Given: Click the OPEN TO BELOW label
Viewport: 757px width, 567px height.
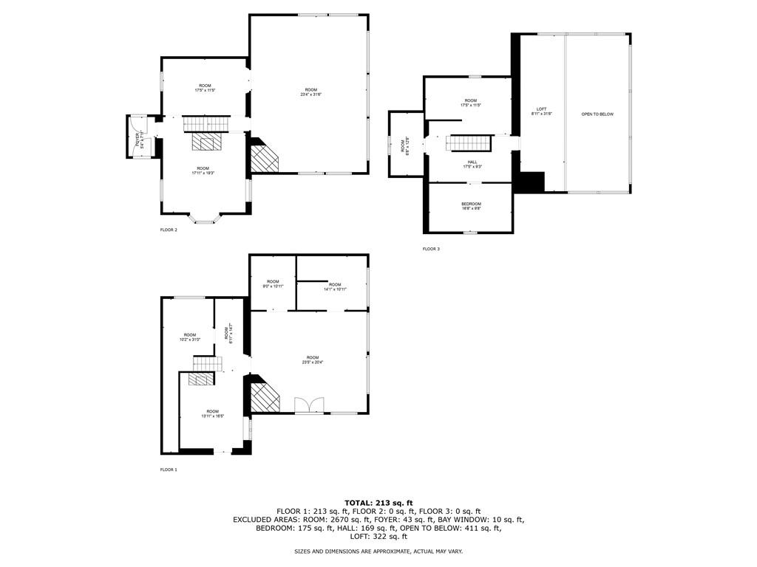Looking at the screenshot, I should pyautogui.click(x=597, y=114).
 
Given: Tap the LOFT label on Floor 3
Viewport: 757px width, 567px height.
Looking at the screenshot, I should pyautogui.click(x=542, y=111).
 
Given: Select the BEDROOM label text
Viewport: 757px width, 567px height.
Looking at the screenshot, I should pyautogui.click(x=472, y=206).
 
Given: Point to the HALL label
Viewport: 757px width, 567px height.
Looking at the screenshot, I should pyautogui.click(x=472, y=164).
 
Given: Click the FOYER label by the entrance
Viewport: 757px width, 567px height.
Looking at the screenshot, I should pyautogui.click(x=138, y=137).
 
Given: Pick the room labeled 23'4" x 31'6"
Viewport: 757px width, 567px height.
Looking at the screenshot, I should pyautogui.click(x=310, y=92).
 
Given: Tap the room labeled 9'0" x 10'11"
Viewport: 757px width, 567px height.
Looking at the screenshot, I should pyautogui.click(x=273, y=283).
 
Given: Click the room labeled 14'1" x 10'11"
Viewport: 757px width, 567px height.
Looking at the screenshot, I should pyautogui.click(x=335, y=286).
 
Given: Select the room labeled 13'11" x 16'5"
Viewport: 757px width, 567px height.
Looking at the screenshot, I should pyautogui.click(x=213, y=413).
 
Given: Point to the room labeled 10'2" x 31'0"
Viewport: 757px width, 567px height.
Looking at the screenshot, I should pyautogui.click(x=190, y=337).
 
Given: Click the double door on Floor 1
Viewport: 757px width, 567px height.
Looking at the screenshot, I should pyautogui.click(x=309, y=405).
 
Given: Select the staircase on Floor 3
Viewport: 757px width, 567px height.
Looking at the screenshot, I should pyautogui.click(x=468, y=142).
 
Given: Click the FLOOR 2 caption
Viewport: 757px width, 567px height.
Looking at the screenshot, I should pyautogui.click(x=169, y=230).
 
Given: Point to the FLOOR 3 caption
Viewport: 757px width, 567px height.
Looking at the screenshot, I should pyautogui.click(x=431, y=249).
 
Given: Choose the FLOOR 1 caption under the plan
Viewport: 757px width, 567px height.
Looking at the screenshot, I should pyautogui.click(x=169, y=470).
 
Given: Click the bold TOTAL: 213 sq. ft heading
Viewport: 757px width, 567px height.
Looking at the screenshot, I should pyautogui.click(x=378, y=503).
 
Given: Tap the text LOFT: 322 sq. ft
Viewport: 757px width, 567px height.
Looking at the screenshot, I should pyautogui.click(x=378, y=537).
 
